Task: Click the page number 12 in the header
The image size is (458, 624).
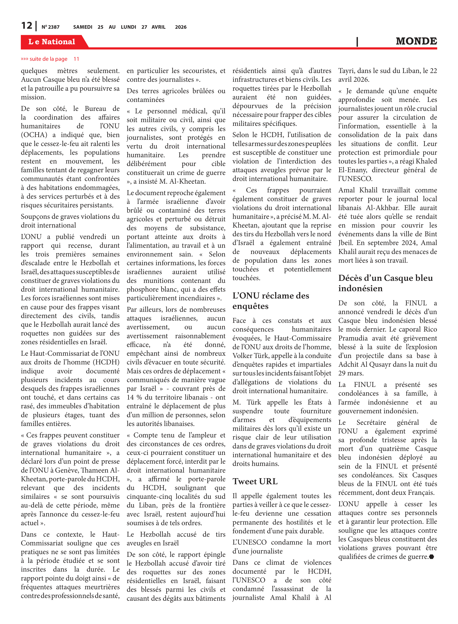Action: tap(27, 26)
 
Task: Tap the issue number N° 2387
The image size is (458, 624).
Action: tap(50, 27)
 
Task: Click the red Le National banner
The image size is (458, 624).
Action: tap(52, 42)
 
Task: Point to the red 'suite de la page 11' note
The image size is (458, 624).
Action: tap(50, 59)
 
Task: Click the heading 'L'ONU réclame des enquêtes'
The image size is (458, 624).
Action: tap(271, 301)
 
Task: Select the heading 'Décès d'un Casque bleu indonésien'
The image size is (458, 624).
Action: tap(385, 283)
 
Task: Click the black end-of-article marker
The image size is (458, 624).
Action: tap(431, 557)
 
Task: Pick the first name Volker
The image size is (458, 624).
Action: tap(242, 356)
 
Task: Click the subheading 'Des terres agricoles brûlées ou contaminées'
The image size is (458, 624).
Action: tap(176, 95)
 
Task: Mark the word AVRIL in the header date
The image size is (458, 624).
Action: tap(158, 27)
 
